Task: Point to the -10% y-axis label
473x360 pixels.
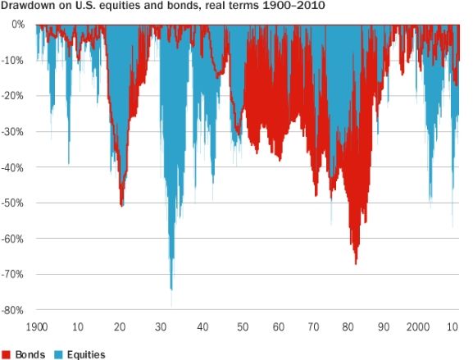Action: click(14, 60)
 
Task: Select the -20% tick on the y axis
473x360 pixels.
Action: click(14, 96)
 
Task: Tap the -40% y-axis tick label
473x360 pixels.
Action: click(14, 167)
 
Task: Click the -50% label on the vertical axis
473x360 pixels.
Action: click(14, 203)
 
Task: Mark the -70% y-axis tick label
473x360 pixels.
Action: click(14, 275)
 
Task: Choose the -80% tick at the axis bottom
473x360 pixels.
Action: click(14, 311)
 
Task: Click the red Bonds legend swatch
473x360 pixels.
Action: click(7, 354)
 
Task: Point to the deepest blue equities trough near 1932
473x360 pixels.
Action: click(171, 289)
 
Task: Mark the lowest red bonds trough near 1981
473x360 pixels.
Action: click(356, 262)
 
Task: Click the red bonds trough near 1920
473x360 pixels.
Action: click(122, 205)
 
